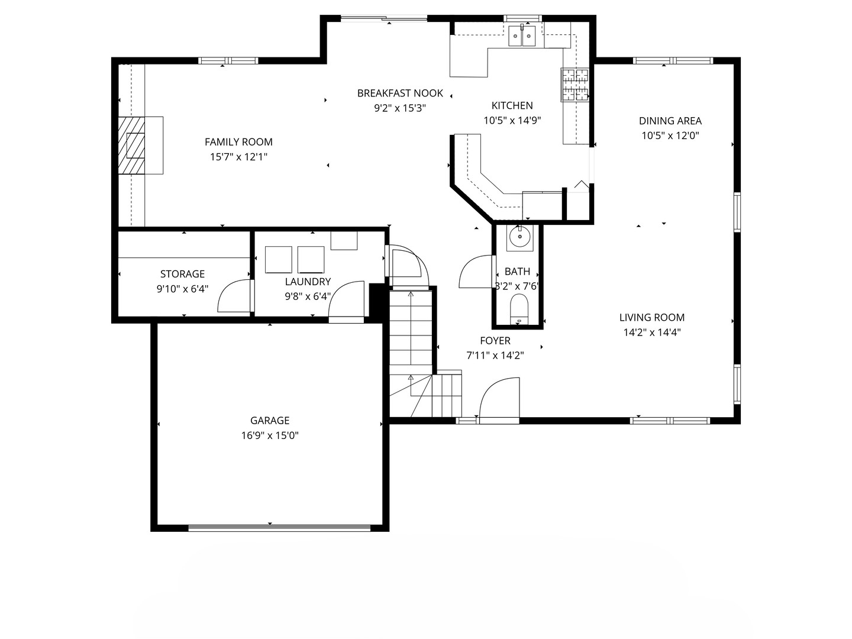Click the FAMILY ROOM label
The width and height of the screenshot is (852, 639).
tap(238, 142)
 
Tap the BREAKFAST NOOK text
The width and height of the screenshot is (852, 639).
tap(400, 93)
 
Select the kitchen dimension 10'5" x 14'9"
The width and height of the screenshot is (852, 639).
tap(512, 120)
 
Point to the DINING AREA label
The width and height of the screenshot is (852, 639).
tap(670, 121)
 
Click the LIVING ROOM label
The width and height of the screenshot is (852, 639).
tap(651, 317)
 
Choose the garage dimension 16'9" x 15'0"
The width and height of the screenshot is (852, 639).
tap(270, 435)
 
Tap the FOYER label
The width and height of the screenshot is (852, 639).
tap(495, 341)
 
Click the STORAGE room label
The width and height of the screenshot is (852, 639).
tap(182, 274)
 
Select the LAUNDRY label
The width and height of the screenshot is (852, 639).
tap(308, 282)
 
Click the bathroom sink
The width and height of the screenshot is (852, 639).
tap(519, 237)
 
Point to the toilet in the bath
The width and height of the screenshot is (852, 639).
tap(519, 309)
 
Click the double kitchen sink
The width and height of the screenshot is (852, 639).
tap(522, 35)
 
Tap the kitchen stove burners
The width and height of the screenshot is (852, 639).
tap(575, 85)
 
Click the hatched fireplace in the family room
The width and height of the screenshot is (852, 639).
tap(131, 145)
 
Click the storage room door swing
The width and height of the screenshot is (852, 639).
tap(234, 296)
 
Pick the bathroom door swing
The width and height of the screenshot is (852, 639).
tap(476, 272)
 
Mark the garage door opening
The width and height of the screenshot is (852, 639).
tap(279, 528)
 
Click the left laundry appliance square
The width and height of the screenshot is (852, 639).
tap(278, 260)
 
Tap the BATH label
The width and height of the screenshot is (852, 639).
tap(517, 272)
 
